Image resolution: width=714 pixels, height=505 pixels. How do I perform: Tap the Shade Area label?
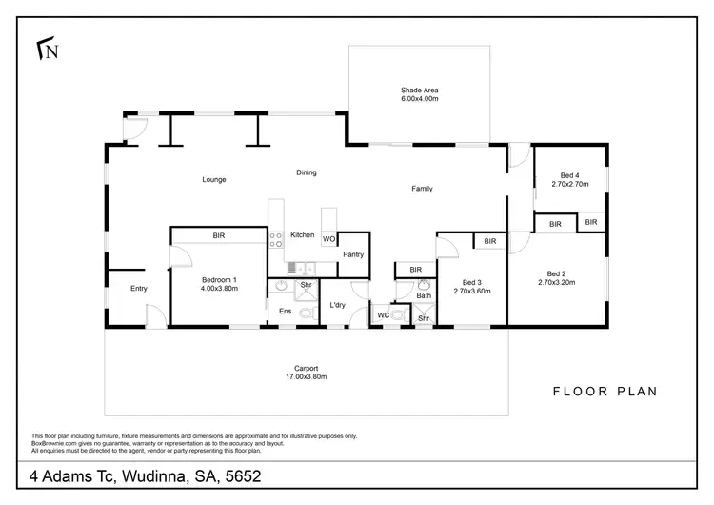click(419, 91)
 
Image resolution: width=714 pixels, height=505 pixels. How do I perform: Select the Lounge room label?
click(213, 179)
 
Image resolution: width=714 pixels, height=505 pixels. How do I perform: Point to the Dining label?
click(306, 172)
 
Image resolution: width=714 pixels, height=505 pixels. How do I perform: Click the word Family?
click(422, 189)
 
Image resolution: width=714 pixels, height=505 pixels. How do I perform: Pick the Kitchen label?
click(303, 235)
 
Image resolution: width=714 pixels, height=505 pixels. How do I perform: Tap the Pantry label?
click(353, 254)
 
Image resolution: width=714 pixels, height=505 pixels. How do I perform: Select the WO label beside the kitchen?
click(328, 239)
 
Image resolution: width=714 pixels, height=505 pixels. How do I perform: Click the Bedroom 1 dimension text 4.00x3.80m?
click(219, 288)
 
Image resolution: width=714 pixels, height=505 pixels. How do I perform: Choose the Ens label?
click(285, 311)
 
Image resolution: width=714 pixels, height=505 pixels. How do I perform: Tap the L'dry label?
click(336, 305)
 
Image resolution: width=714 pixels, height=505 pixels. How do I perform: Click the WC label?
click(382, 314)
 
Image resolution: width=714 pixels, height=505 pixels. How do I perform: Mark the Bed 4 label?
click(568, 176)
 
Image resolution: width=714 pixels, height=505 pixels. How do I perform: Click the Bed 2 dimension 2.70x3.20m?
click(558, 282)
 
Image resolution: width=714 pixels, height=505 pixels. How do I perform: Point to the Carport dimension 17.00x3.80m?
click(307, 376)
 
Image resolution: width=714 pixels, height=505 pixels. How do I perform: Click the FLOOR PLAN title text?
click(605, 391)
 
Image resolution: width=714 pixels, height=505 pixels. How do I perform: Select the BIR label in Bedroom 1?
click(218, 235)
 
